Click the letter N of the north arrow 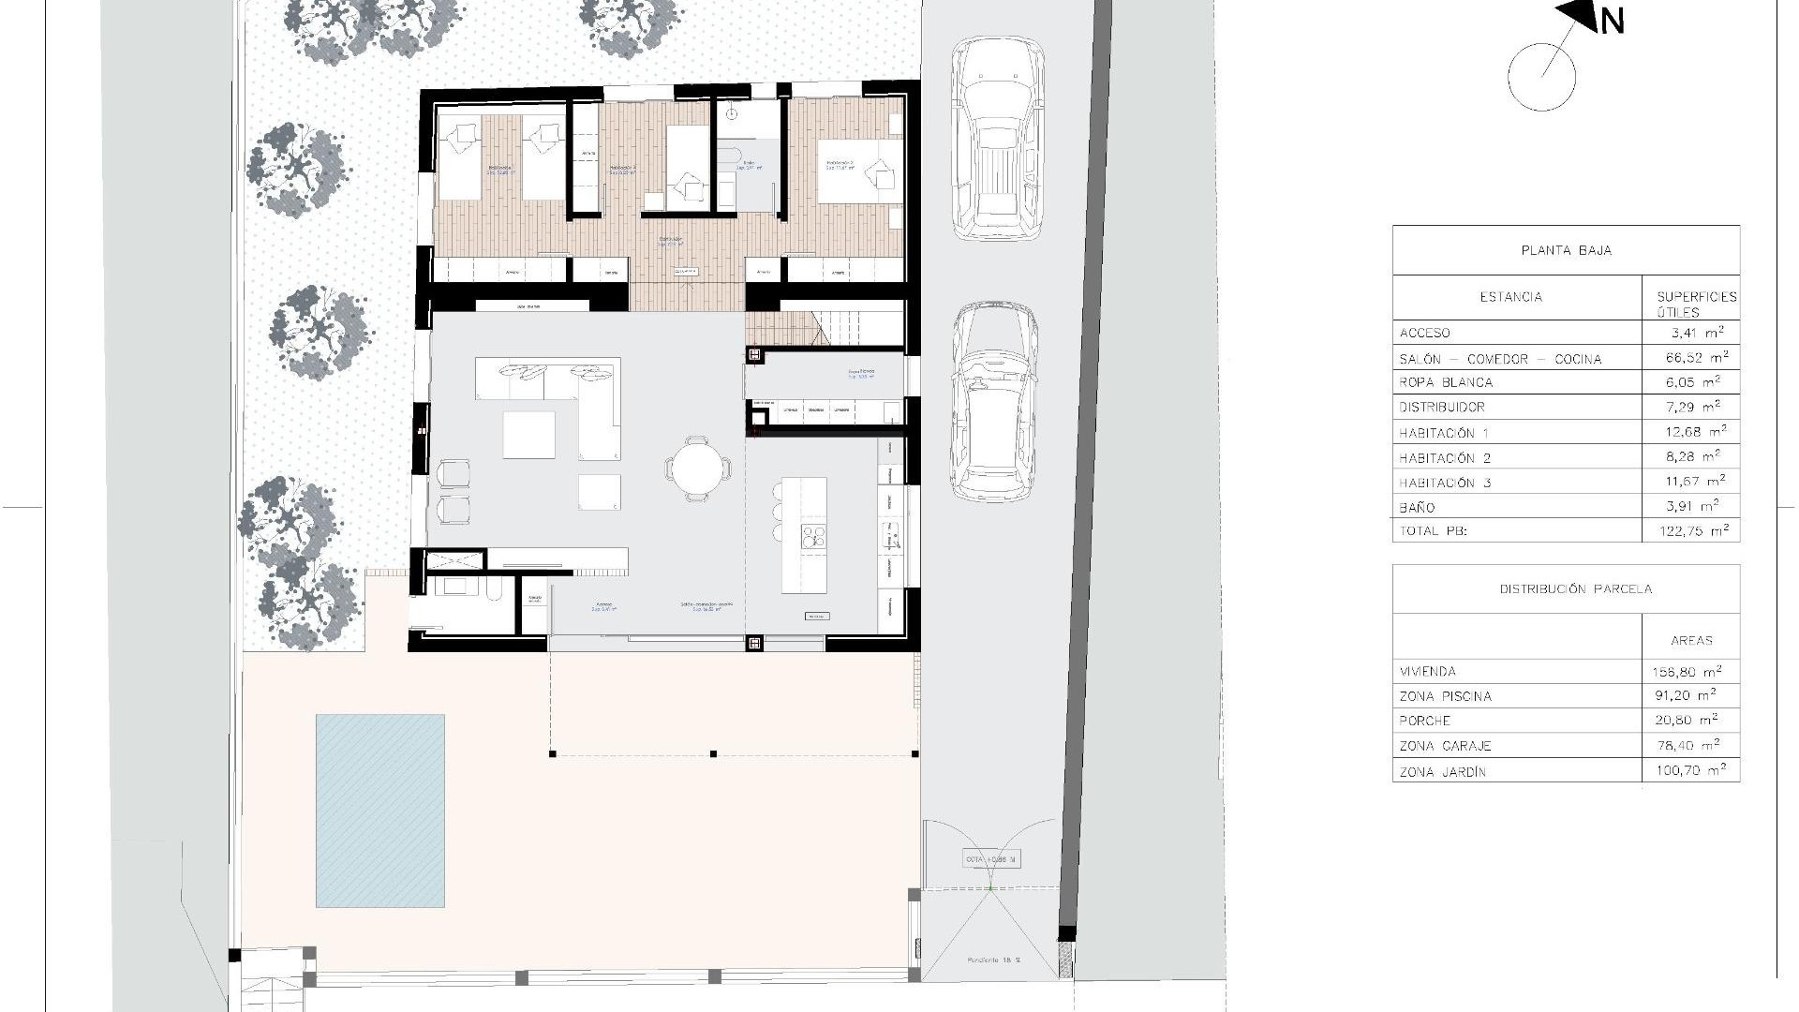tap(1612, 21)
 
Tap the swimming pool tap(379, 811)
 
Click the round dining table tap(698, 468)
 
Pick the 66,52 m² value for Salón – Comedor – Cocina tap(1691, 358)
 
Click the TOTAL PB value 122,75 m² tap(1691, 531)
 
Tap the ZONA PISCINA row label tap(1445, 696)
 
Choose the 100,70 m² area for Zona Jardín tap(1691, 771)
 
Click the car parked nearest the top tap(997, 141)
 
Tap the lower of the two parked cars tap(994, 403)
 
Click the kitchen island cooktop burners tap(812, 536)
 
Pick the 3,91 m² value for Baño tap(1691, 507)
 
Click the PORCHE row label tap(1425, 721)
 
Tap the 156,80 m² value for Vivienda tap(1691, 672)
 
